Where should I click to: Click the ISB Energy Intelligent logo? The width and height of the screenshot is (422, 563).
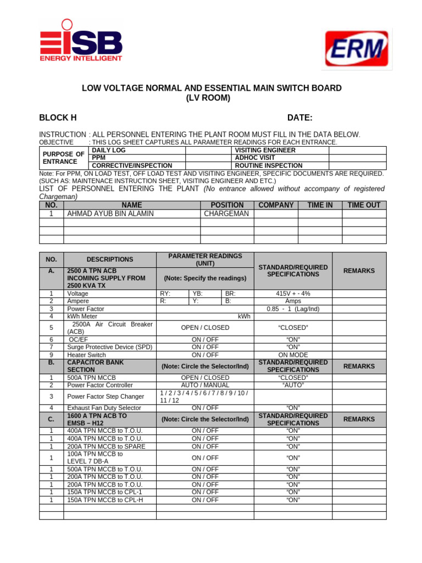[x=81, y=41]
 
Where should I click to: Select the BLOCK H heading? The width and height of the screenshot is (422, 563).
[x=58, y=118]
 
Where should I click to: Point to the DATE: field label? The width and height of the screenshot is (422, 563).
[x=299, y=118]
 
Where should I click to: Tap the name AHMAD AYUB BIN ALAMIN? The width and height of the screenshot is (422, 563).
[x=110, y=214]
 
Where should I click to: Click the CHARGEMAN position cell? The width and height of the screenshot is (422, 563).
[x=226, y=214]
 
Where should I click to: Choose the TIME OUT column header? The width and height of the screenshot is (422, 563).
[x=364, y=205]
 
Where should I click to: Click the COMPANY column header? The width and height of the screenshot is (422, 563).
[x=276, y=205]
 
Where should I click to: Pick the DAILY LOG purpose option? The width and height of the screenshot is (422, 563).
[x=108, y=150]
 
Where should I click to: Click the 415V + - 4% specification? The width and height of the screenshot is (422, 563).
[x=293, y=294]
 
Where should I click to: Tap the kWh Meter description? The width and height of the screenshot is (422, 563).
[x=82, y=317]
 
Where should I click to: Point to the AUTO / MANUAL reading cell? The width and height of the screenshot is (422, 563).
[x=205, y=385]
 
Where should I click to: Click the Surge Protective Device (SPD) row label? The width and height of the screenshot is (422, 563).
[x=109, y=347]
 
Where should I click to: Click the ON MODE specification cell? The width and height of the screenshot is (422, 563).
[x=293, y=355]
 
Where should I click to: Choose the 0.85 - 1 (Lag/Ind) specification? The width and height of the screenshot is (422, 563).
[x=293, y=309]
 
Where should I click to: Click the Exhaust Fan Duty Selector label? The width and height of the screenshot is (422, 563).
[x=104, y=408]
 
